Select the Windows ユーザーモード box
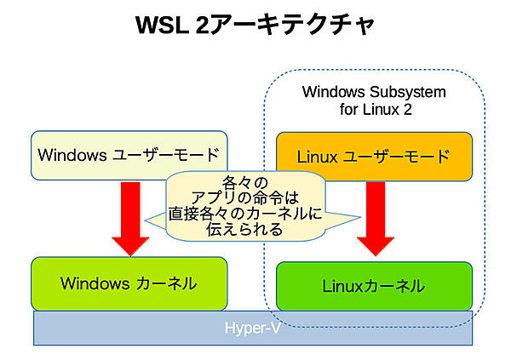tap(129, 155)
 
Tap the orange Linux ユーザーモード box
tap(374, 157)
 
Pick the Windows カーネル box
tap(129, 283)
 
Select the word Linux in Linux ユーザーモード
tap(315, 157)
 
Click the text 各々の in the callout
tap(244, 182)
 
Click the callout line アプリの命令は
tap(244, 197)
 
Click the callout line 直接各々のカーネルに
tap(244, 214)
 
